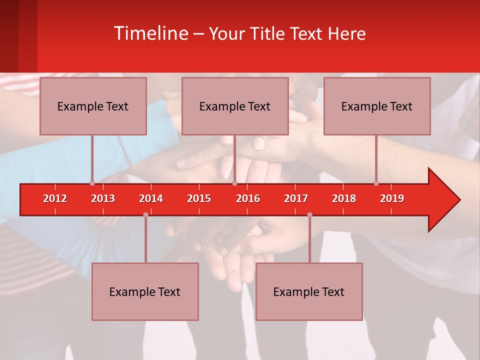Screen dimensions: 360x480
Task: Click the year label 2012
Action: pos(55,198)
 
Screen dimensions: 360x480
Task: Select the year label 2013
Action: pos(103,198)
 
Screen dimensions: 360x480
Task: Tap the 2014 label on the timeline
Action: pos(151,198)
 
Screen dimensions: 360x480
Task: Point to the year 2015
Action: pos(199,198)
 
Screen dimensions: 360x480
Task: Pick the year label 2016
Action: pos(248,198)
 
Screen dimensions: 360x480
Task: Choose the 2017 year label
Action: pos(296,198)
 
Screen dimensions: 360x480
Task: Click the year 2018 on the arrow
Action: pos(344,198)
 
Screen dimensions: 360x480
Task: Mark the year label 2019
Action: pos(392,198)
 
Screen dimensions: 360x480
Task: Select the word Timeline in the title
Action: pos(150,33)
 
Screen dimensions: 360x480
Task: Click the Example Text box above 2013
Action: pos(93,106)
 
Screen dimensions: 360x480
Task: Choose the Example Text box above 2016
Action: pos(235,106)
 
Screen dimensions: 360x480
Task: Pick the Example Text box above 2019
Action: pos(377,106)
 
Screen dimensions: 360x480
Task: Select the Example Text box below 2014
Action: pos(145,291)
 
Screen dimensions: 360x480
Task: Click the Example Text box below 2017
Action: pos(309,291)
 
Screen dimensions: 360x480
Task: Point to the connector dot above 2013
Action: pos(92,183)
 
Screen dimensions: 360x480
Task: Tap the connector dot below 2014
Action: pos(145,215)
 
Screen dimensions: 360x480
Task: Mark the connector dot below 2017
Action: pos(309,215)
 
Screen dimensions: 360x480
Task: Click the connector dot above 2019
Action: pos(376,183)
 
